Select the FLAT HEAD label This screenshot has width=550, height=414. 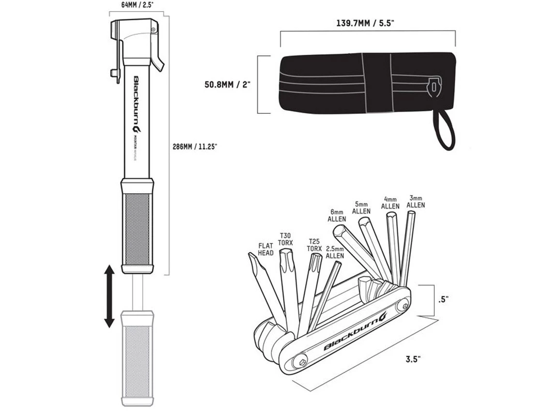pyautogui.click(x=266, y=249)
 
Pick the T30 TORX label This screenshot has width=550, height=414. pyautogui.click(x=285, y=238)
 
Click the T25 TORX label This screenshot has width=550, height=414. pyautogui.click(x=314, y=245)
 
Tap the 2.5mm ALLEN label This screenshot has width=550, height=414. pyautogui.click(x=334, y=252)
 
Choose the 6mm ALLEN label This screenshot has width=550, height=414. pyautogui.click(x=337, y=215)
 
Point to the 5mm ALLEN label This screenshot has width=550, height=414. pyautogui.click(x=362, y=208)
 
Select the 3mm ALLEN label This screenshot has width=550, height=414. pyautogui.click(x=416, y=201)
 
